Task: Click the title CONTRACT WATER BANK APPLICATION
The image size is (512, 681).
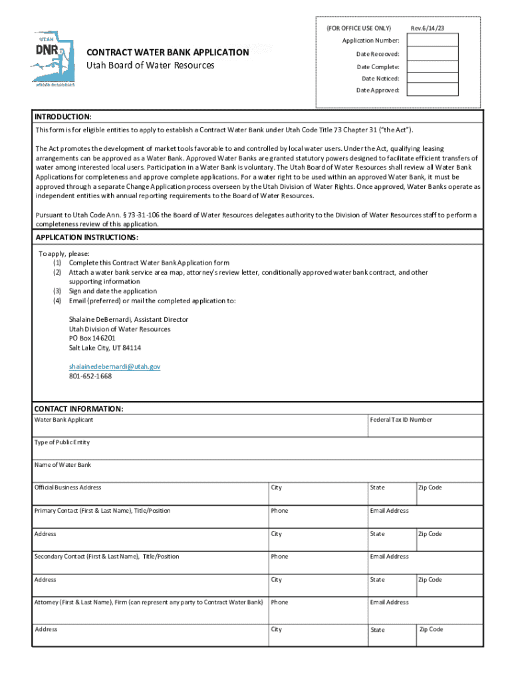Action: (168, 53)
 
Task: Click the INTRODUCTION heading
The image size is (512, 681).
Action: (63, 116)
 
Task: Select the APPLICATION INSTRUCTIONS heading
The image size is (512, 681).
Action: (86, 237)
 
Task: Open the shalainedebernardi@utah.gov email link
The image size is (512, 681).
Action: (114, 366)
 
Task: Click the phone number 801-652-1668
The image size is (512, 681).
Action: (90, 376)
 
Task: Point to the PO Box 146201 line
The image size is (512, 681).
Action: (92, 338)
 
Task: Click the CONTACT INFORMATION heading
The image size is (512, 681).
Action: (78, 408)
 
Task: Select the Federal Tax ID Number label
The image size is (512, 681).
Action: (401, 420)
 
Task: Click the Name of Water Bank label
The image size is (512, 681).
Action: (63, 465)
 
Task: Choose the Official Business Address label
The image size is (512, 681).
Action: (68, 487)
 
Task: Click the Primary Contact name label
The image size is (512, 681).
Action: (102, 511)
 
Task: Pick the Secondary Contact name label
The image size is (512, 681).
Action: (106, 557)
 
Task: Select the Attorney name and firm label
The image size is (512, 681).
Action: (148, 603)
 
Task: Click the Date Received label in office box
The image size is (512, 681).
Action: (377, 54)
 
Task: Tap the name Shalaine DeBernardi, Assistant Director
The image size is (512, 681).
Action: (128, 319)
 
